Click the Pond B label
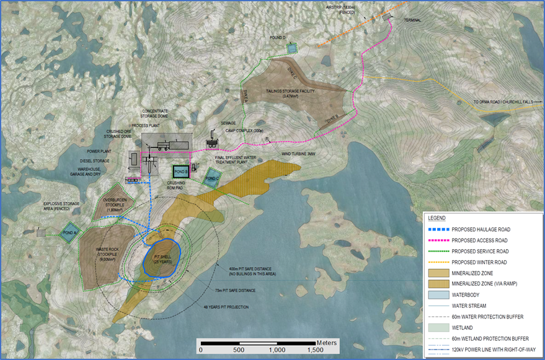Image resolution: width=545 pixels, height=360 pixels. (x=180, y=171)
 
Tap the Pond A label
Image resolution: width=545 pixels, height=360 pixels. (x=68, y=233)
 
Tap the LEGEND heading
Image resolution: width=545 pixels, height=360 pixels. (x=437, y=218)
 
